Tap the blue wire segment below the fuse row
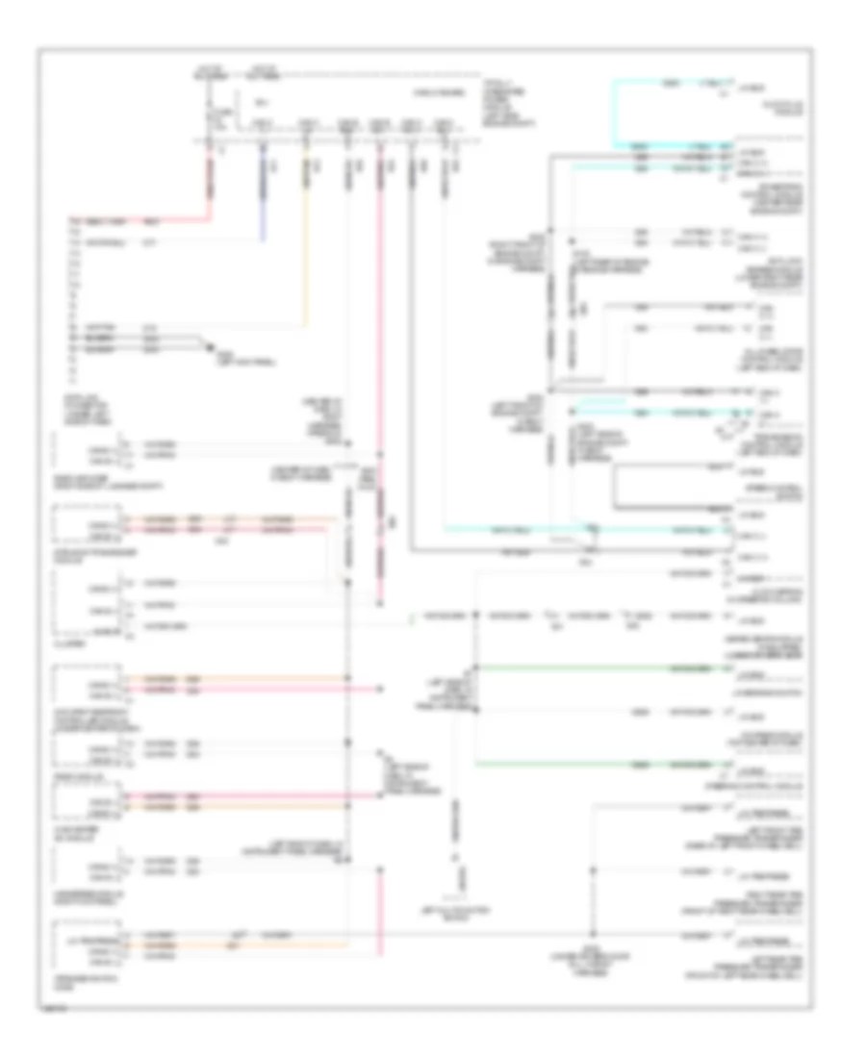263,192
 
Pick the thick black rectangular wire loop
618,487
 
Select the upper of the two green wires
597,666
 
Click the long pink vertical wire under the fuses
379,385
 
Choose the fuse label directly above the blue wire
261,124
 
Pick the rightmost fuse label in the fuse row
443,124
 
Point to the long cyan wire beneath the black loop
577,529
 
